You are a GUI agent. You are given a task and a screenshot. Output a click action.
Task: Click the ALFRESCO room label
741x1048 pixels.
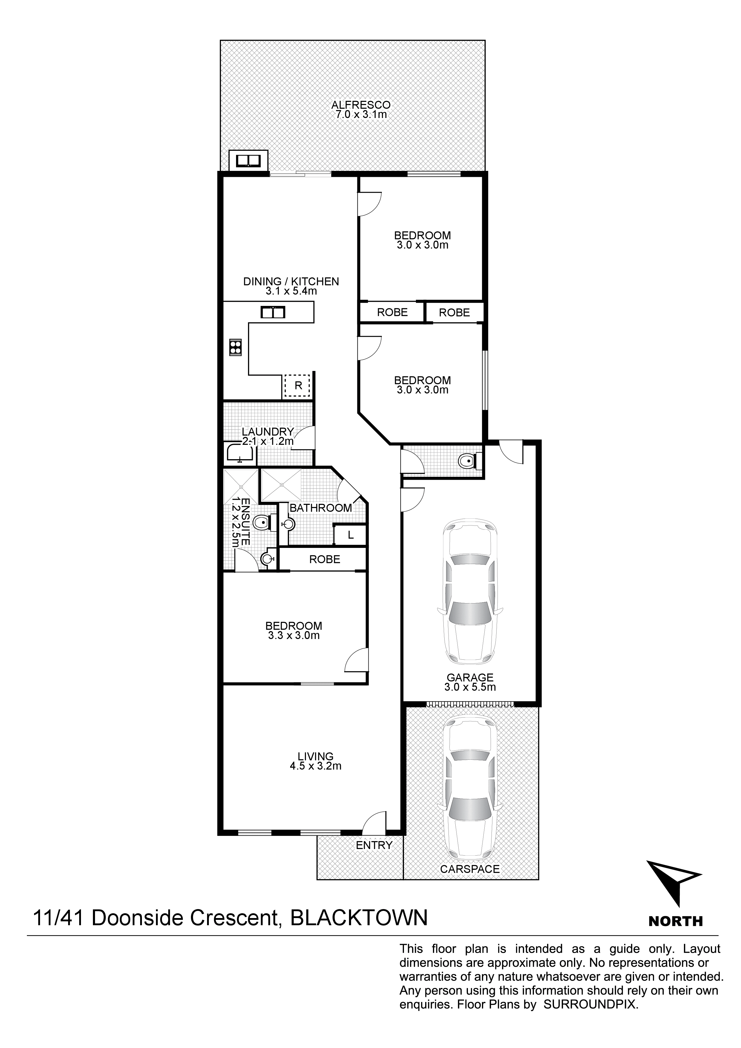pos(361,105)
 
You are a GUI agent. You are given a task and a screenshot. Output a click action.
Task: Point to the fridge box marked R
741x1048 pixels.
pos(298,385)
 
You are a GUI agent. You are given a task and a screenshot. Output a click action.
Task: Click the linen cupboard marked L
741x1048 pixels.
pos(350,535)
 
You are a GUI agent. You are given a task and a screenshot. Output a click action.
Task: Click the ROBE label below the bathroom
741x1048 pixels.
pos(324,559)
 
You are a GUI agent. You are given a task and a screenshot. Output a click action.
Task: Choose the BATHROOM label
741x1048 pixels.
pos(321,508)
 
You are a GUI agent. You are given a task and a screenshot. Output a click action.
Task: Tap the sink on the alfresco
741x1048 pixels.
pos(248,160)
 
